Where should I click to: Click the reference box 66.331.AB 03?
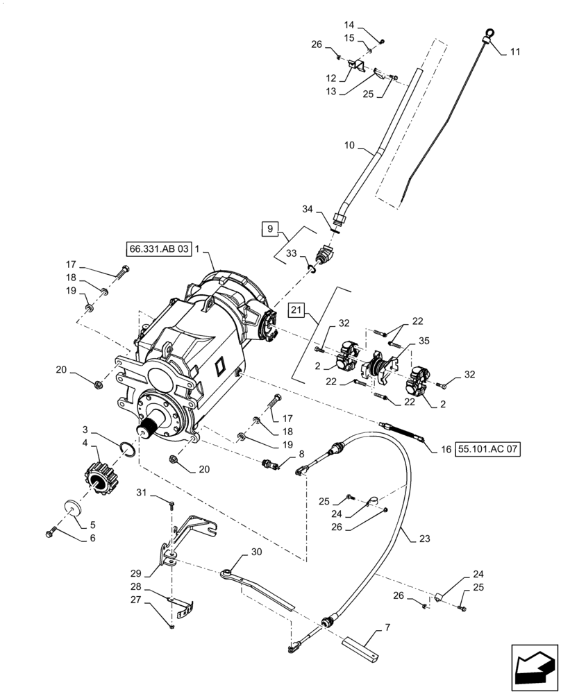[158, 249]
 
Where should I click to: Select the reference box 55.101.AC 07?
[488, 449]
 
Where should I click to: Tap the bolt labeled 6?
[50, 532]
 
